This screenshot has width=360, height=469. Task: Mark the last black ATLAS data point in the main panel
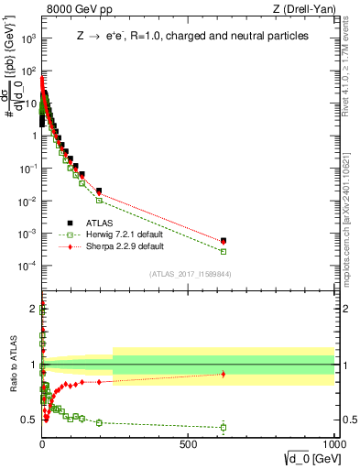coord(224,241)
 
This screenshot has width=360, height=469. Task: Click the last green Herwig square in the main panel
coord(224,251)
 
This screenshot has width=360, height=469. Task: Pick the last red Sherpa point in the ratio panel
coord(224,374)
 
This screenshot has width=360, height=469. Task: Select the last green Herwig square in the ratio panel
coord(224,427)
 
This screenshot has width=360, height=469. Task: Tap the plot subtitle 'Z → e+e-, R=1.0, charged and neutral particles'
coord(191,37)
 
